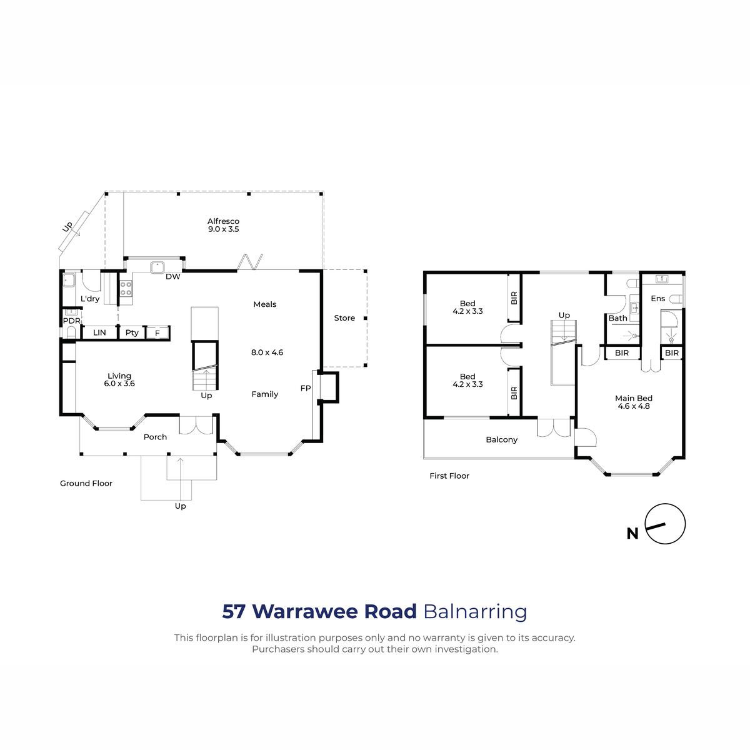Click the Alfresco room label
pos(223,221)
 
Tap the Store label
pos(344,318)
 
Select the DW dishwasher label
pos(172,277)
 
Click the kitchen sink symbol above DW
pos(157,267)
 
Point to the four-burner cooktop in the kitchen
pos(126,288)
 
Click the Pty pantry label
pos(132,332)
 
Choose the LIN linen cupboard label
pos(99,332)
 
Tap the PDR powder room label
pos(72,321)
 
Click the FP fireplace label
pos(306,388)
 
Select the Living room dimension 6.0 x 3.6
pos(119,383)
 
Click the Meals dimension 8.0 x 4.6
pos(267,352)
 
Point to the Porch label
pos(155,437)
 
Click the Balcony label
pos(501,440)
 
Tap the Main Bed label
pos(633,398)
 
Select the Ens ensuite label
pos(657,299)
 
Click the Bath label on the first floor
pos(617,318)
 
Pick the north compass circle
pos(665,524)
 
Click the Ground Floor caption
pos(86,483)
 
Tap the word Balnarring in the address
pos(475,611)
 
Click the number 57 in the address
pos(234,611)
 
